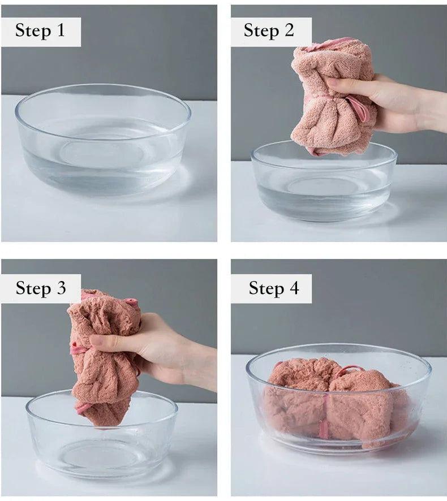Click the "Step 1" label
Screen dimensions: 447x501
click(x=40, y=31)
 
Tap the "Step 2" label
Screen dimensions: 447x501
click(x=269, y=31)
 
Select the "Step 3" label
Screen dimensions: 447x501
click(x=41, y=288)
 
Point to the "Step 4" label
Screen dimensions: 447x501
click(x=274, y=288)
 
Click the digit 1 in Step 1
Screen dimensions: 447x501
click(x=61, y=30)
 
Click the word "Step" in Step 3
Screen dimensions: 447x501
click(x=33, y=288)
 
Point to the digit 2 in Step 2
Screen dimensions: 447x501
click(x=289, y=30)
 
